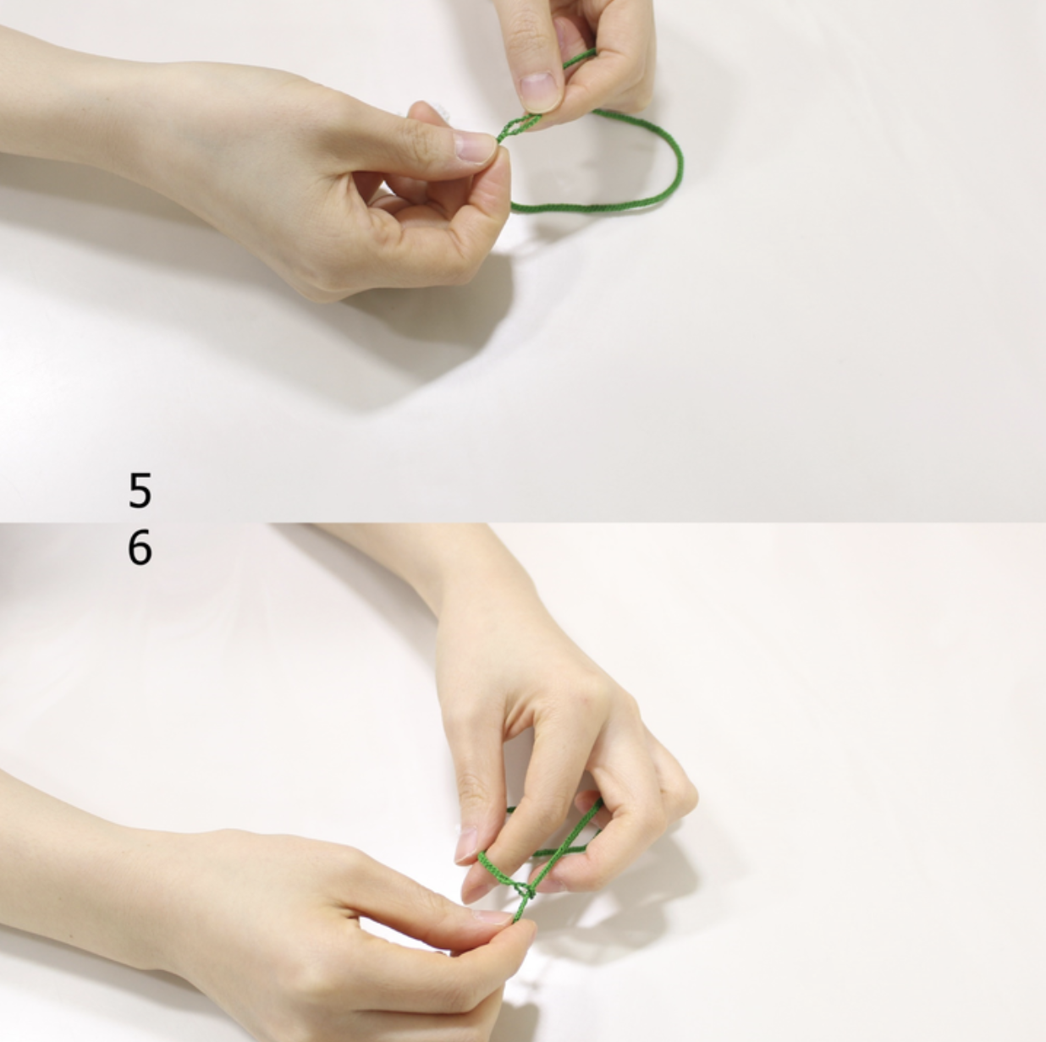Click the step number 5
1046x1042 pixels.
(x=140, y=490)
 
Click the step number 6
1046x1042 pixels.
(x=140, y=547)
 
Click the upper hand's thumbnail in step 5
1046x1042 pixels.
(x=539, y=90)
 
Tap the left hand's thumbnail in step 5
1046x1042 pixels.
(x=476, y=148)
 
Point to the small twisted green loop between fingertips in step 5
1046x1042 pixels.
(x=519, y=127)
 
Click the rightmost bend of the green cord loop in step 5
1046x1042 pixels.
(x=679, y=162)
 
